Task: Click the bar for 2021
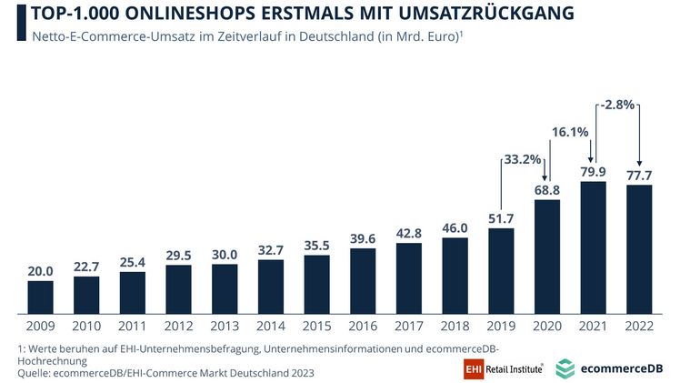592,246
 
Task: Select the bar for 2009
40,295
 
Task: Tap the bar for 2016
363,278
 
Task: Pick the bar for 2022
638,247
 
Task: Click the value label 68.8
545,189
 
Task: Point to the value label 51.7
500,218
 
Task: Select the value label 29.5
178,255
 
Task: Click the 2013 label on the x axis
225,324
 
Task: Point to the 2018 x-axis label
455,324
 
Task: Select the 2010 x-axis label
86,324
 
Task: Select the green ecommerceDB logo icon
565,368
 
